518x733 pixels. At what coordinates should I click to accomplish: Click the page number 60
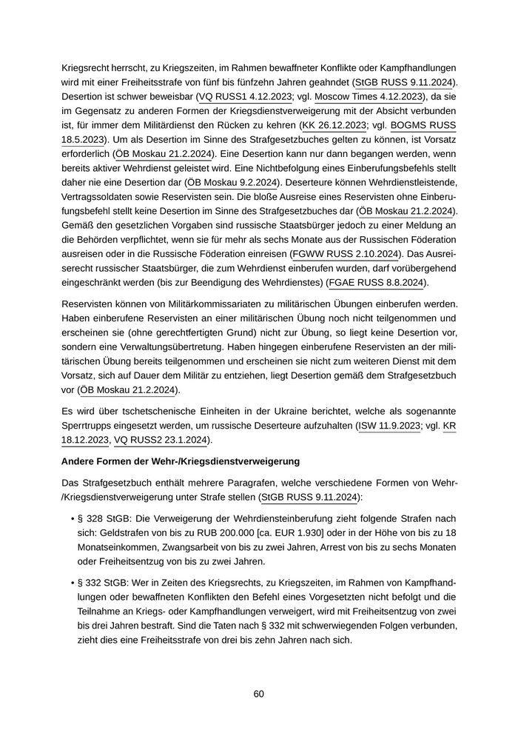pos(258,694)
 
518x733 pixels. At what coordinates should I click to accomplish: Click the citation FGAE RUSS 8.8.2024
pos(377,284)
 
